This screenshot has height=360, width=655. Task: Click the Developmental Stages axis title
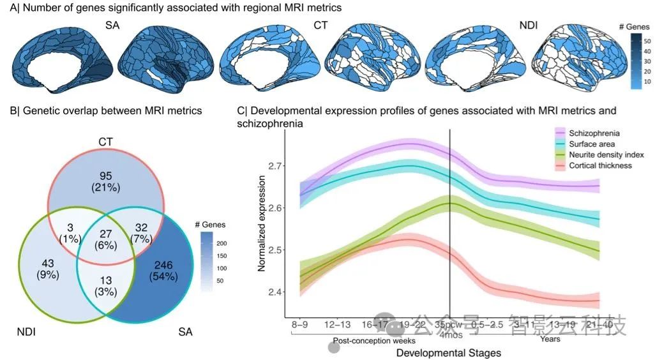click(449, 352)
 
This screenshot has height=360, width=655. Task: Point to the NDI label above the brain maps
click(528, 26)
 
